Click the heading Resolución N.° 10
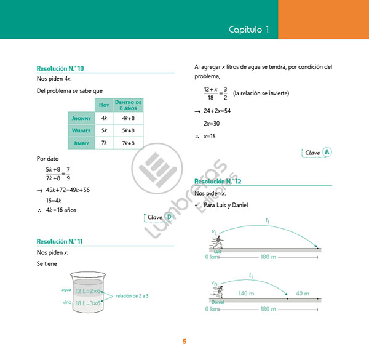point(60,68)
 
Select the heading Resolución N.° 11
point(60,241)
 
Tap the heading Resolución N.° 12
point(218,182)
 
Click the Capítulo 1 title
point(249,30)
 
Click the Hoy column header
point(104,105)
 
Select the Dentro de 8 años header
point(129,105)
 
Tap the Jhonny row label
point(81,118)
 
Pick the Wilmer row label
point(81,130)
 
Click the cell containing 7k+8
point(129,143)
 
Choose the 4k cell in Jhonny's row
point(104,118)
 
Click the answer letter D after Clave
point(169,217)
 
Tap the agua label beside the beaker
point(67,289)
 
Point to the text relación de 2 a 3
point(132,296)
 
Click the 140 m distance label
point(246,294)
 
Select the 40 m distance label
point(302,294)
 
